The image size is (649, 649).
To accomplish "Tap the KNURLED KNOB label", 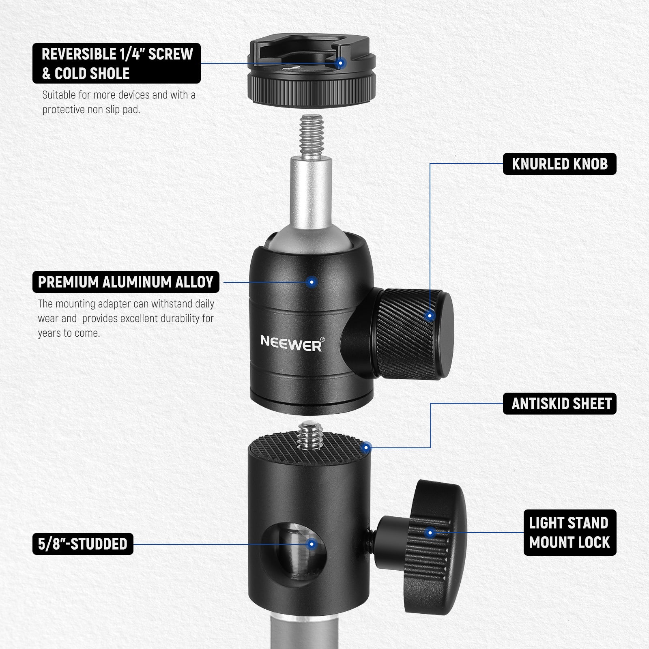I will tap(559, 164).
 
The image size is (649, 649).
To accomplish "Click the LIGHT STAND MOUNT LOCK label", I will tap(569, 533).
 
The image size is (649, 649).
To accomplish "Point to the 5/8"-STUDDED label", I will tap(83, 544).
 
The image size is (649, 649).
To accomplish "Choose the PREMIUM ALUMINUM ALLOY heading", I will tap(126, 282).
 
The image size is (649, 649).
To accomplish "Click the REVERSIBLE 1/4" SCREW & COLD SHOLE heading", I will tap(117, 63).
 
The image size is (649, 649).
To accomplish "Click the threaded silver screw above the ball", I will tap(311, 132).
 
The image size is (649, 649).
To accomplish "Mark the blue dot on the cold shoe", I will tap(341, 63).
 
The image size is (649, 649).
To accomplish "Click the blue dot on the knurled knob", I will tap(430, 316).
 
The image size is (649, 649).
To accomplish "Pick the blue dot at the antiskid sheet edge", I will tap(366, 448).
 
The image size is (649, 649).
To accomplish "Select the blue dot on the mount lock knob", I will tap(431, 533).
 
